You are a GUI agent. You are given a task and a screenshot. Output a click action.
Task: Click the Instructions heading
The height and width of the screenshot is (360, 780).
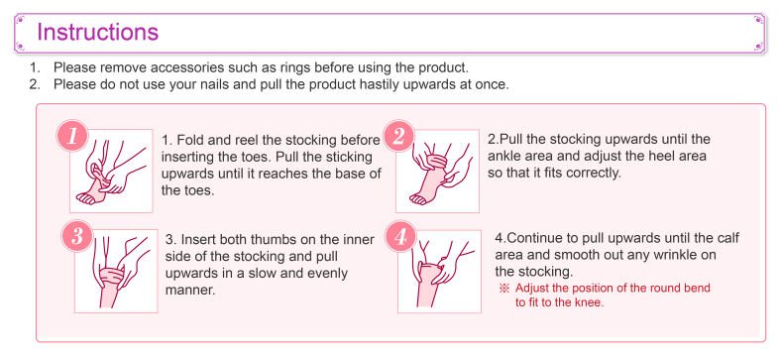[98, 33]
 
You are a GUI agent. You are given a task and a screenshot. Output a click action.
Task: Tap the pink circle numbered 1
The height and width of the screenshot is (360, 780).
[73, 136]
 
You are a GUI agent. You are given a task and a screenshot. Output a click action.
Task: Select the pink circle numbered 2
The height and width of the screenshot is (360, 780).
[398, 136]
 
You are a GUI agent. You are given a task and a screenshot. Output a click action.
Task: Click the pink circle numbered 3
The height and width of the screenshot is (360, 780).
[77, 236]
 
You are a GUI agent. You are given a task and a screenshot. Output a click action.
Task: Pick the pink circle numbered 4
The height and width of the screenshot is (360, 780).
[401, 236]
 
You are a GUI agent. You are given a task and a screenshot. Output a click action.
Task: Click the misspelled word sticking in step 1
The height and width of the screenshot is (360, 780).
[350, 157]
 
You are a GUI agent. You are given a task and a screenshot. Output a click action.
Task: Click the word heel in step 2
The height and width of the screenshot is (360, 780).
[641, 156]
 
